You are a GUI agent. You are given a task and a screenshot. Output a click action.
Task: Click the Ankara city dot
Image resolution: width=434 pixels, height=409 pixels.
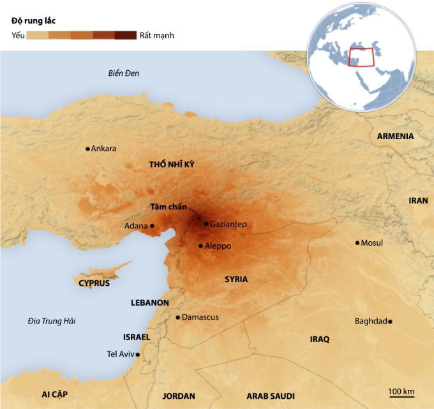click(x=88, y=149)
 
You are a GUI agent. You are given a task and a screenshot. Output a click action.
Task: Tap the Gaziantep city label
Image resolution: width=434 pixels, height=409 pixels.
click(x=228, y=225)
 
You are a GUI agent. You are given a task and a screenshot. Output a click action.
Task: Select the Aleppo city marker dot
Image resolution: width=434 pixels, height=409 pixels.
click(x=200, y=246)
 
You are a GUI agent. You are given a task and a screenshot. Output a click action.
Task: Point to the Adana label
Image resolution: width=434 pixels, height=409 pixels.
click(x=136, y=226)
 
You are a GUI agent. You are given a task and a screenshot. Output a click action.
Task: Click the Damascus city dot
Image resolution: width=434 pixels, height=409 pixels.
click(x=178, y=317)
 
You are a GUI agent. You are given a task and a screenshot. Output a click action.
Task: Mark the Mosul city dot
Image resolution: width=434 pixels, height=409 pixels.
click(x=357, y=242)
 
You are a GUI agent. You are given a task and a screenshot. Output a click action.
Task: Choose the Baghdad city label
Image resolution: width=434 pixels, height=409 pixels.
click(x=370, y=321)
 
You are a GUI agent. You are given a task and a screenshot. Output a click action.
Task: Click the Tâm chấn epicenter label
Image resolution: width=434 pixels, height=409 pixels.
click(x=168, y=207)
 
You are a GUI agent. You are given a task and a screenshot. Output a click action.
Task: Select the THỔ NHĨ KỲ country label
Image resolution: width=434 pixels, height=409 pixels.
click(x=171, y=165)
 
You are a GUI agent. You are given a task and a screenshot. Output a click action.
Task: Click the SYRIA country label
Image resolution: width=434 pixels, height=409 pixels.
click(x=236, y=279)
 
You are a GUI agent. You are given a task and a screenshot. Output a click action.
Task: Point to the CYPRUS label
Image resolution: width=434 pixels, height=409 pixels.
click(x=94, y=283)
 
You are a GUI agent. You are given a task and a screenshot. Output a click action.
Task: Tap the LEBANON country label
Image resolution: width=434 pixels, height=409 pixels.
click(x=149, y=302)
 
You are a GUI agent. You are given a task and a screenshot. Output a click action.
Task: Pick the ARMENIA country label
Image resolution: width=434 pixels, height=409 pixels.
click(x=395, y=137)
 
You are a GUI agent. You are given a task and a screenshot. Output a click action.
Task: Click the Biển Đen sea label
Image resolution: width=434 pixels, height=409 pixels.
click(x=123, y=73)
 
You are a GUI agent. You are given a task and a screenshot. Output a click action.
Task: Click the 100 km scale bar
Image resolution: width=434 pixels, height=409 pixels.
click(x=401, y=396)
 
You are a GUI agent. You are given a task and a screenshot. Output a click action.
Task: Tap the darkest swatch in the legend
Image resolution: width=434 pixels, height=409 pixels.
click(x=125, y=35)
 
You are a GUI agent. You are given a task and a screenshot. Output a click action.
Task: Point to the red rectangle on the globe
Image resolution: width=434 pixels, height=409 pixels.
click(x=362, y=57)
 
